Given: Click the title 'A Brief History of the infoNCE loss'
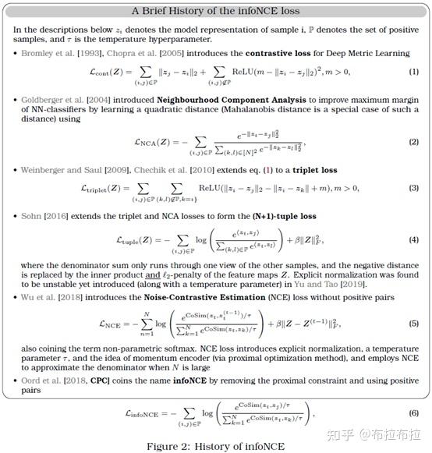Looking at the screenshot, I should click(x=215, y=11).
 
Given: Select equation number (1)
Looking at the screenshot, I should click(x=413, y=73).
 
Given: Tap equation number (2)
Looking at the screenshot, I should click(x=413, y=142).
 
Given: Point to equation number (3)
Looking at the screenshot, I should click(x=413, y=188).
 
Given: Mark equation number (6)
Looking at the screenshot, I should click(x=413, y=412).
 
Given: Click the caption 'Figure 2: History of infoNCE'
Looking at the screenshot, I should click(x=215, y=445).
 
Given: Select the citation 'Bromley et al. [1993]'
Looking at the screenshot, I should click(x=59, y=53).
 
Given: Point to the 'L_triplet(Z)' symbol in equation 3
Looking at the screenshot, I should click(x=106, y=188).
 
